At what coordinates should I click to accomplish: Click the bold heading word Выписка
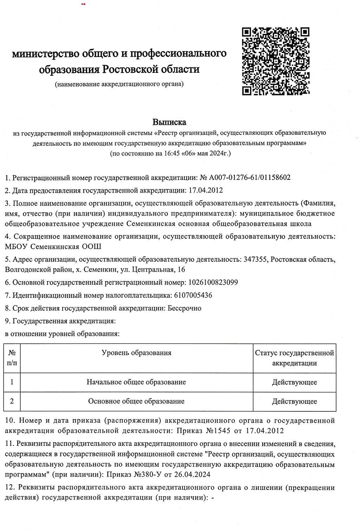(x=169, y=122)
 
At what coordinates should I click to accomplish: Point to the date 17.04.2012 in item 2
(x=206, y=190)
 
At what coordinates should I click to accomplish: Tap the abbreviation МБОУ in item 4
(x=17, y=247)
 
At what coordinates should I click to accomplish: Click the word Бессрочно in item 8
(x=184, y=308)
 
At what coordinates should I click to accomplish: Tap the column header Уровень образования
(x=136, y=353)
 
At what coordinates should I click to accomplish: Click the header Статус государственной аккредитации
(x=294, y=358)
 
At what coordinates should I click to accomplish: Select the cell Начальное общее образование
(x=136, y=382)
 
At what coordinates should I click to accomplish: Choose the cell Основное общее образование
(x=136, y=401)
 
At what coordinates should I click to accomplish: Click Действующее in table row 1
(x=294, y=382)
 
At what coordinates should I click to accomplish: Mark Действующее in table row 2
(x=294, y=402)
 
